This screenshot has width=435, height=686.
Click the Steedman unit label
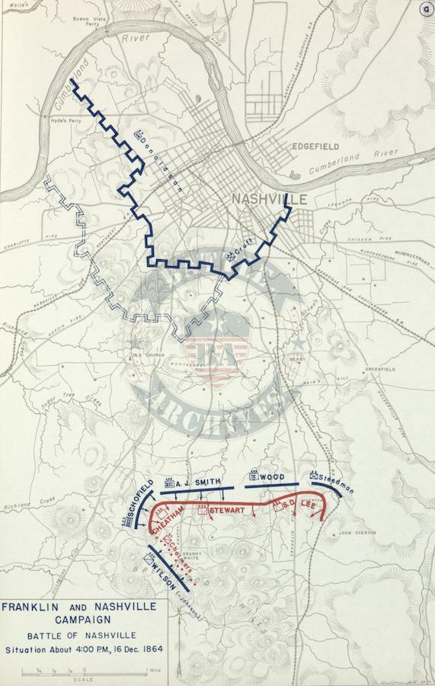[x=335, y=480]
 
